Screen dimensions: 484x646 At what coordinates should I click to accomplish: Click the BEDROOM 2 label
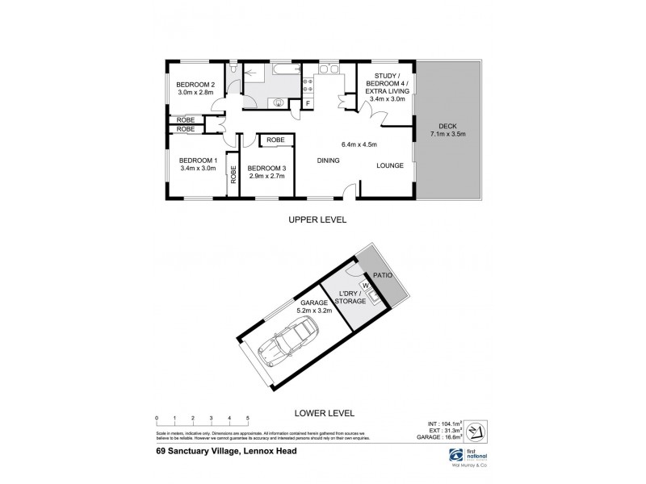pos(195,86)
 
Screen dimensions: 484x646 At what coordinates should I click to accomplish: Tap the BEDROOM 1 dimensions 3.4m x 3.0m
pos(196,169)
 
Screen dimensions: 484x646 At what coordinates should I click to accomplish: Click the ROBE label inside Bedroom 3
pos(274,140)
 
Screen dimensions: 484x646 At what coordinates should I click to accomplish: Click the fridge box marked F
pos(307,103)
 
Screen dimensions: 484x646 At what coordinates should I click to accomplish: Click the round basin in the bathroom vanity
pos(279,102)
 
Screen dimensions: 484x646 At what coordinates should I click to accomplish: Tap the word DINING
pos(328,161)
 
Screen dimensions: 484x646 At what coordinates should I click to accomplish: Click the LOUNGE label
pos(389,166)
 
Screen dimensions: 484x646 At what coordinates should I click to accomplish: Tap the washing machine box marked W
pos(364,285)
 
